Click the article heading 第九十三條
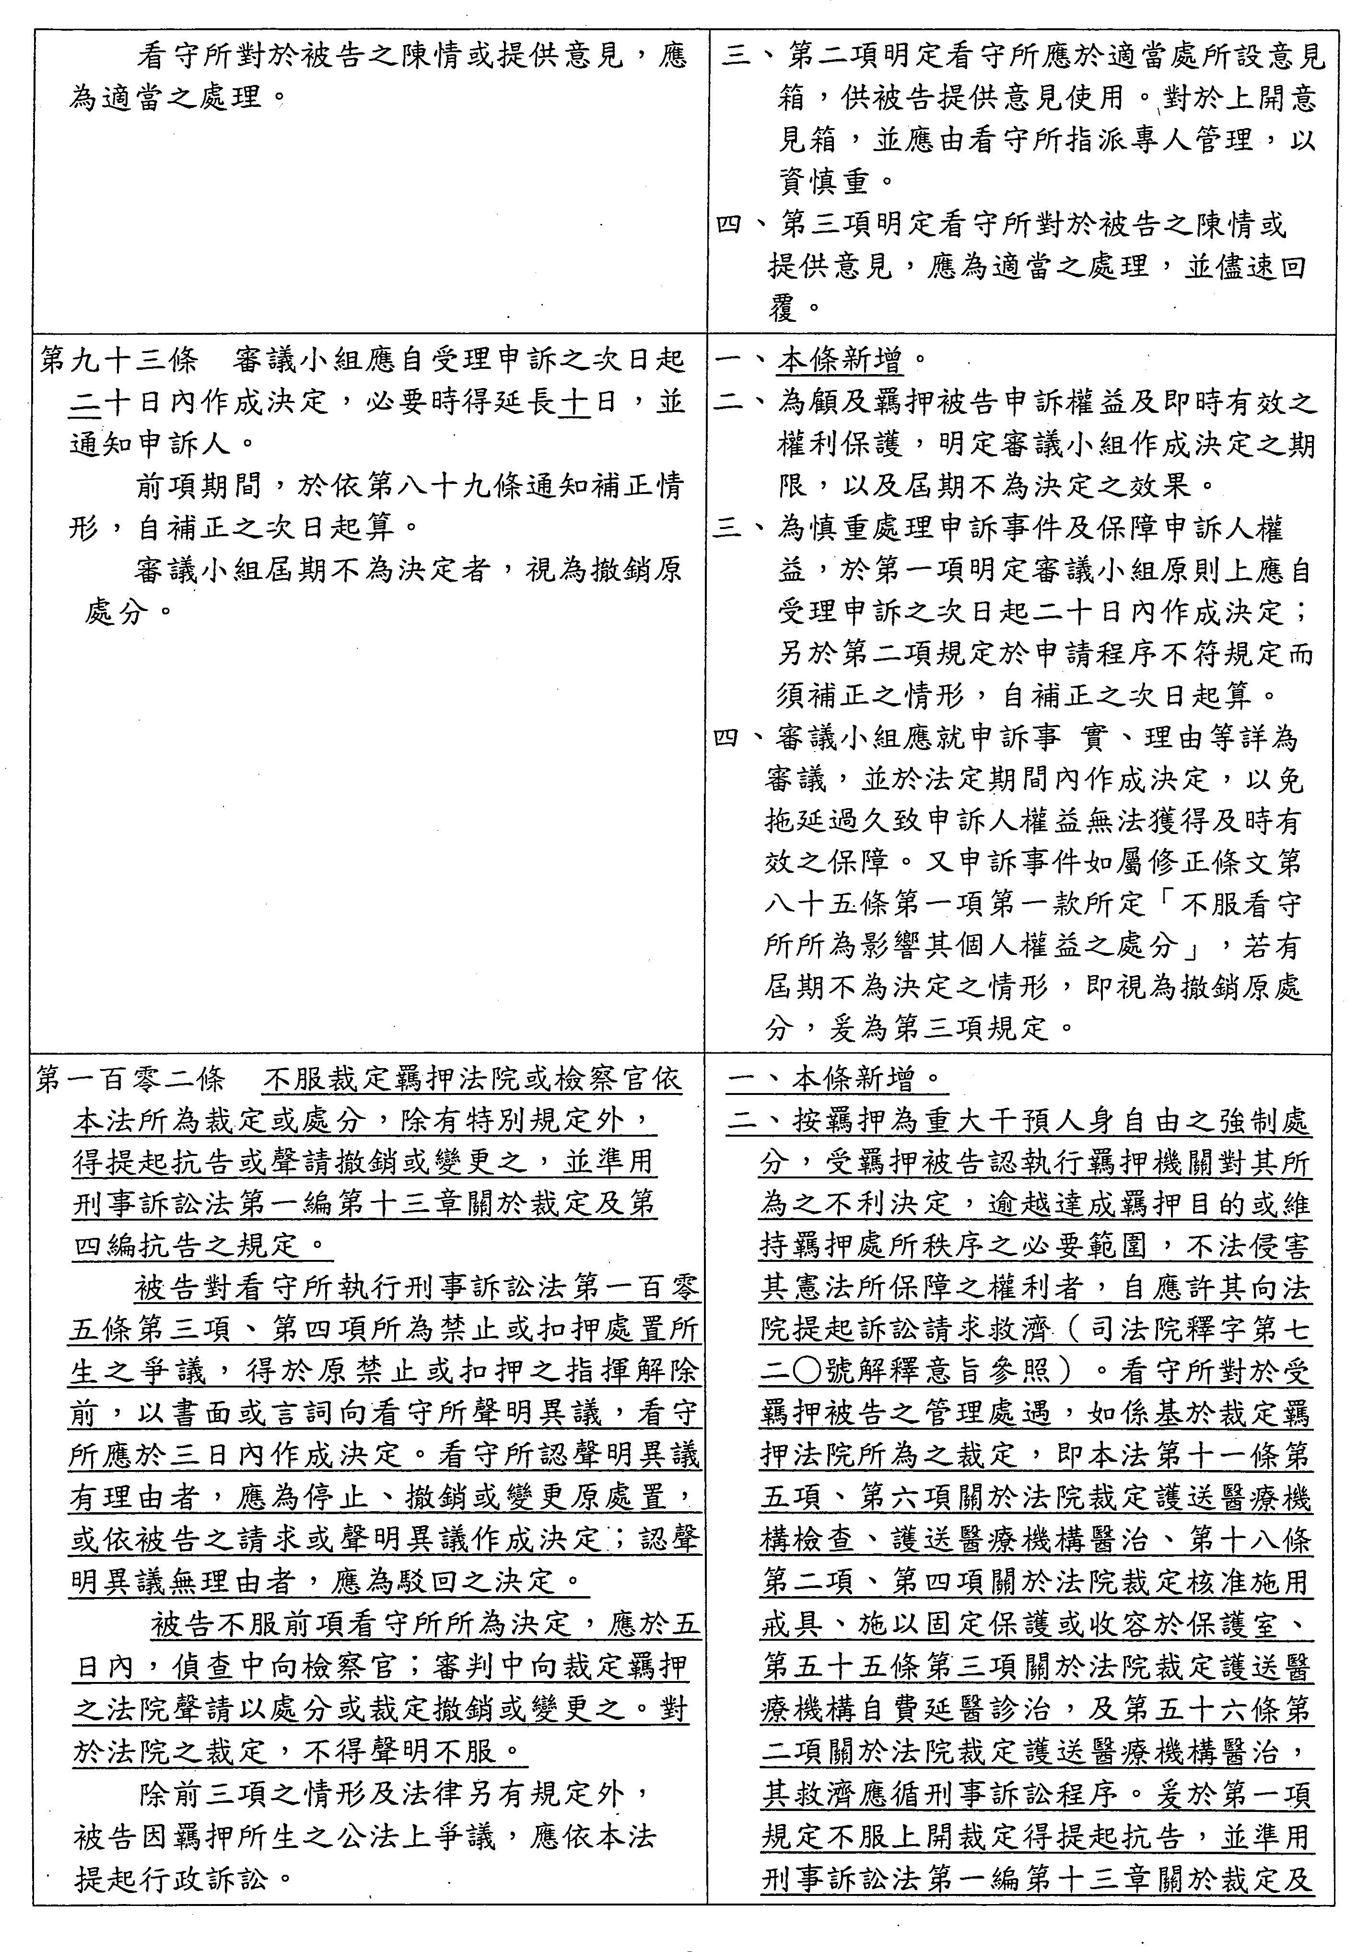tap(119, 361)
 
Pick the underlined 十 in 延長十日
tap(575, 402)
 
